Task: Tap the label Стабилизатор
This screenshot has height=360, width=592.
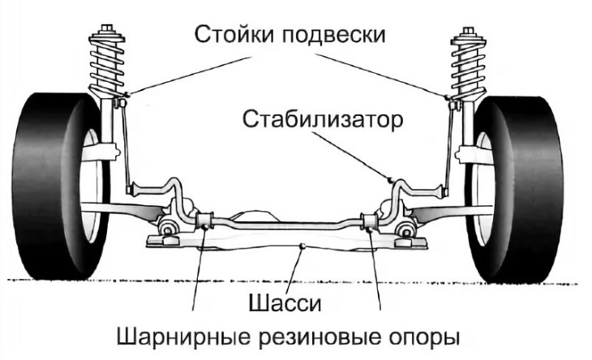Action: (x=323, y=122)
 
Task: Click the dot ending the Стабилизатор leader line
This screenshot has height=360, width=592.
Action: (x=390, y=177)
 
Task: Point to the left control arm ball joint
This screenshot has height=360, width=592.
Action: (x=168, y=226)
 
